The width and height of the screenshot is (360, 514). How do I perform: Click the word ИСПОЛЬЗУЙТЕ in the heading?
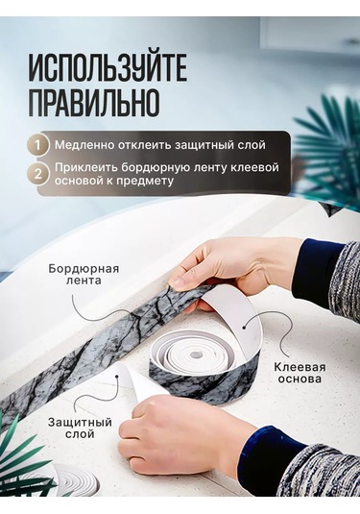[x=108, y=69]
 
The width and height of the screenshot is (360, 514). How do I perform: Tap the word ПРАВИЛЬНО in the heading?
[x=94, y=102]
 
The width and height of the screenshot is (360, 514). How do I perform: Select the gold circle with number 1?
[x=38, y=145]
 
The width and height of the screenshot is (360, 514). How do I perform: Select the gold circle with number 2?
[x=38, y=174]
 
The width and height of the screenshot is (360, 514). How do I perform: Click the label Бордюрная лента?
[x=84, y=275]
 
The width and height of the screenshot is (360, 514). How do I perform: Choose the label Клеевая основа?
[x=300, y=373]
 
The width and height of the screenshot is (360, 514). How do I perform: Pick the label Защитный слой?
[x=80, y=428]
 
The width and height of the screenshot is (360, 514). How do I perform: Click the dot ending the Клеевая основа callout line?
[x=244, y=327]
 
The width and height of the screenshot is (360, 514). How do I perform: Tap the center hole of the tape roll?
[x=196, y=355]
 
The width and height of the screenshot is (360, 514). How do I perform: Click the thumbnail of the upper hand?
[x=180, y=281]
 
